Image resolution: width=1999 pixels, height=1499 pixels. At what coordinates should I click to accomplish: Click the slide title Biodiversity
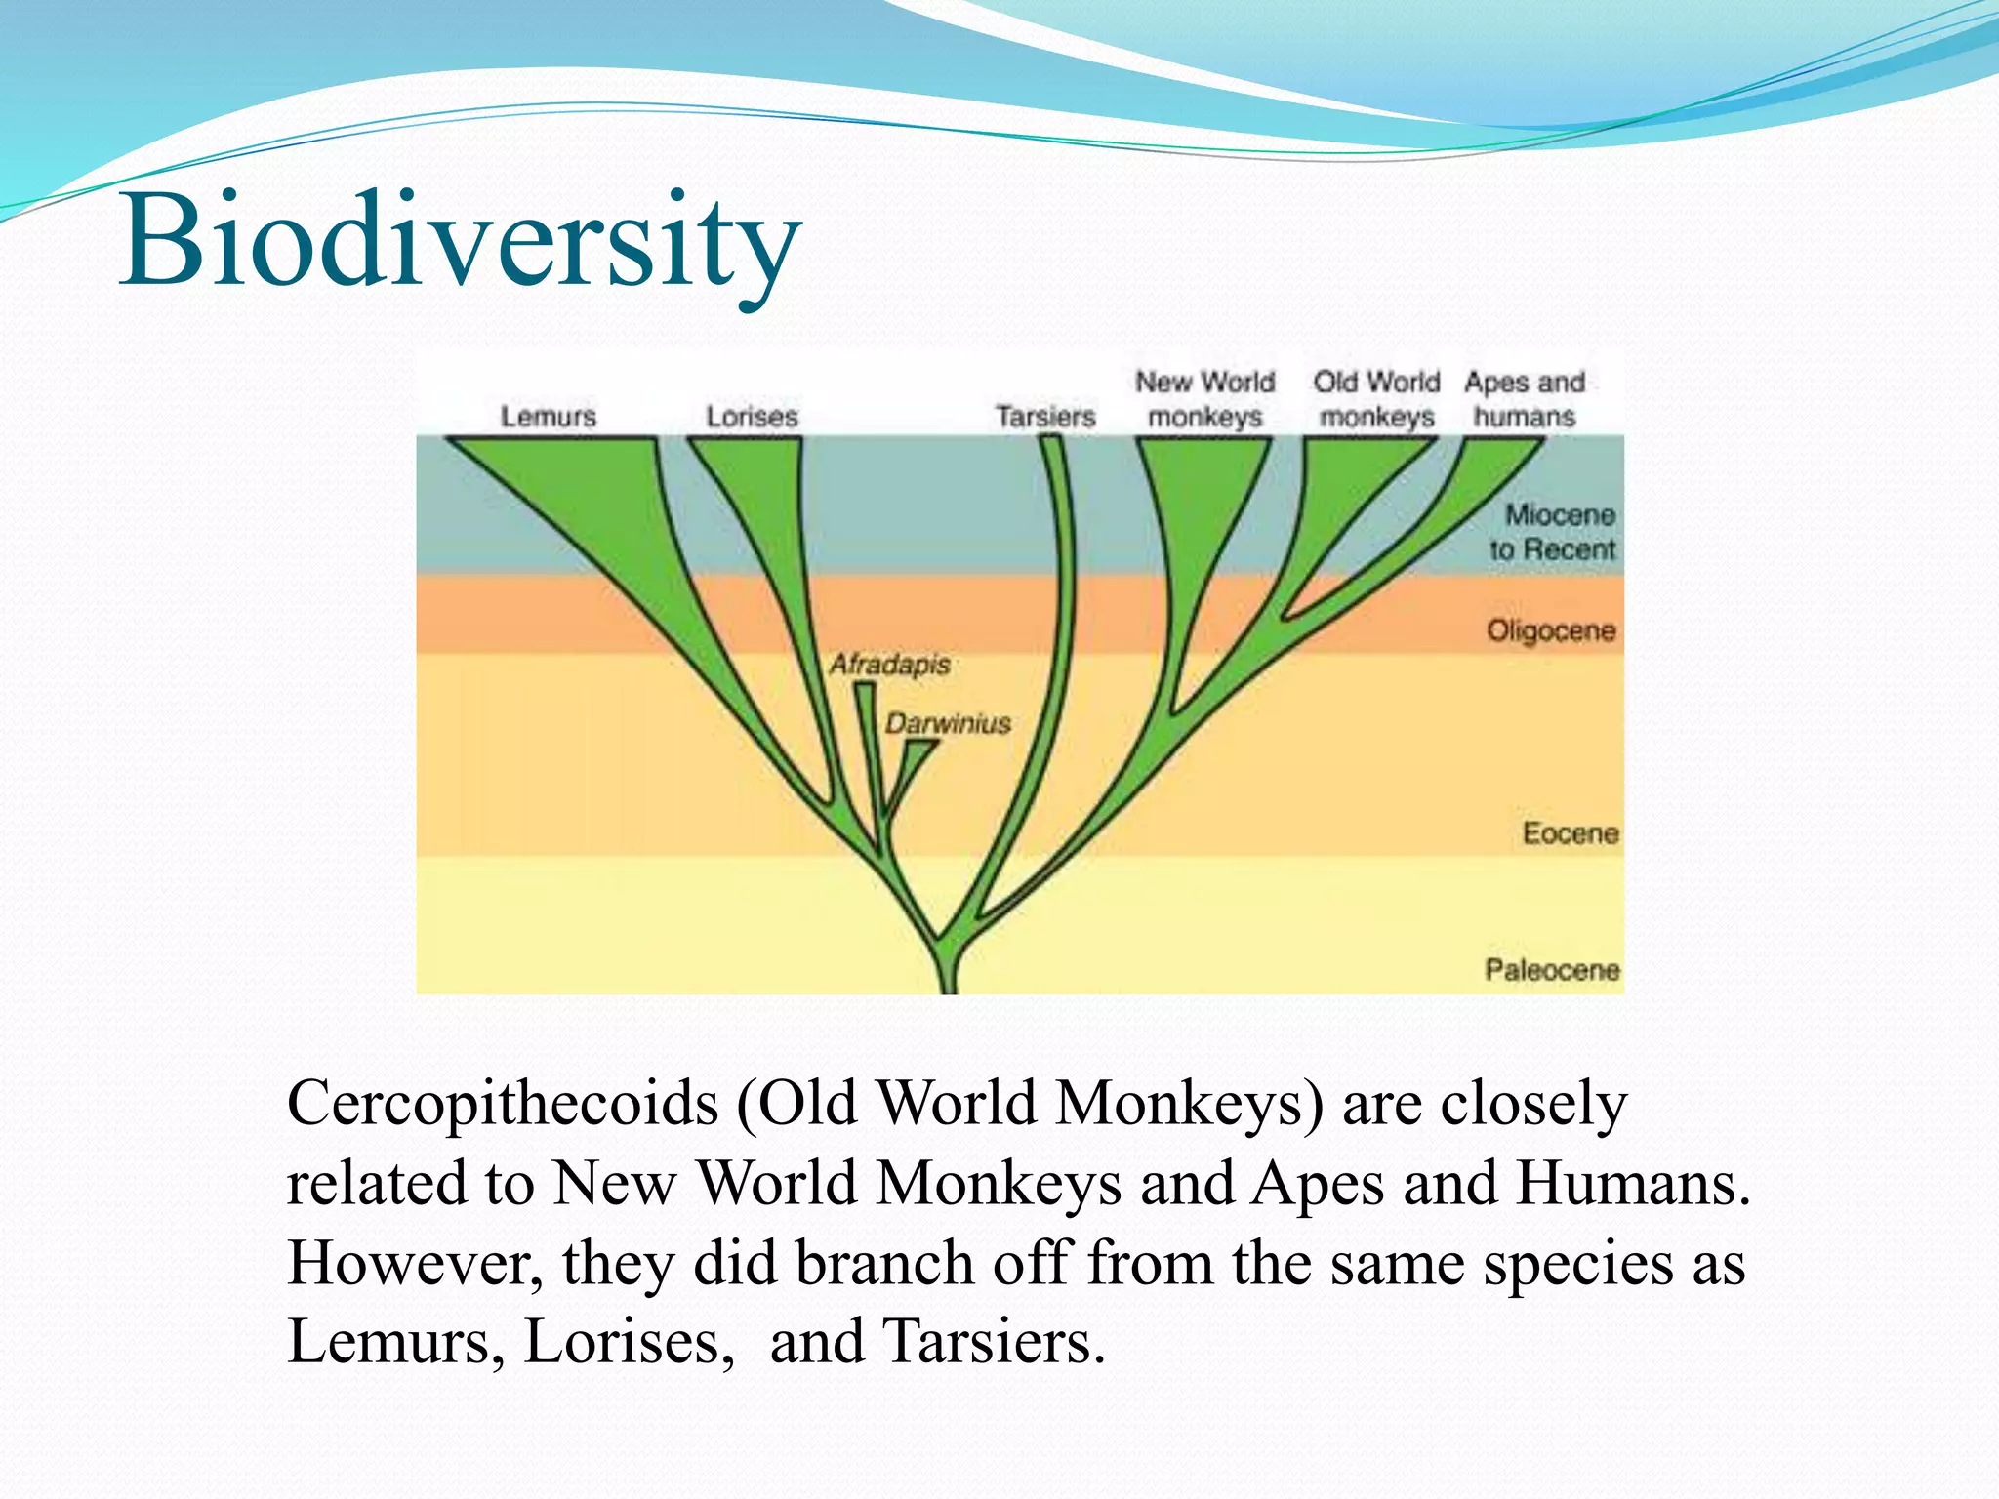point(459,241)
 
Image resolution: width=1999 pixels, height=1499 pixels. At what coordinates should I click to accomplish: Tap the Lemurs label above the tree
point(548,417)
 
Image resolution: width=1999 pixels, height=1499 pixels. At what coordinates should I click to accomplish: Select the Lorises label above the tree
point(752,417)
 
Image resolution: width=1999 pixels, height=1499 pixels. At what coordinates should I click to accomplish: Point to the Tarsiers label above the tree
point(1045,417)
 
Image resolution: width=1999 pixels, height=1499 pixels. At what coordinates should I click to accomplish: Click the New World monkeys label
point(1204,399)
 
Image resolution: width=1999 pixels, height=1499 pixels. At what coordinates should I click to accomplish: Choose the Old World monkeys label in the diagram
point(1376,399)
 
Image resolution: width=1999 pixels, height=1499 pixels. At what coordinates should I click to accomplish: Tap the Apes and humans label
point(1524,399)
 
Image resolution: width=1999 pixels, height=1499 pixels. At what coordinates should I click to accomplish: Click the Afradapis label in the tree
point(889,665)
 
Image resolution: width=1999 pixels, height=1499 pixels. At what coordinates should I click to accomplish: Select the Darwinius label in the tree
point(948,724)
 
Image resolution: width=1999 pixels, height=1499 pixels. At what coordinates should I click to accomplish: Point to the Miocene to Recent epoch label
point(1554,532)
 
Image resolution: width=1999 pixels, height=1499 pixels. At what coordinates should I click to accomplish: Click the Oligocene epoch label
point(1551,631)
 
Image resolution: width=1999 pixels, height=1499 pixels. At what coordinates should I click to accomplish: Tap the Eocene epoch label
point(1571,833)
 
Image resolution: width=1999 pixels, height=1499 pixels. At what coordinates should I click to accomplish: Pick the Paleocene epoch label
point(1552,970)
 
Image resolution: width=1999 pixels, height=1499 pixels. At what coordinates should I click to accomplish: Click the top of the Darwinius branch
point(920,745)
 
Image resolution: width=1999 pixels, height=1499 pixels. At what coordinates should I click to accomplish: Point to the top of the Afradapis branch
point(864,687)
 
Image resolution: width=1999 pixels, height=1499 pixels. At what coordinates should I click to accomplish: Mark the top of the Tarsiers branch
point(1051,440)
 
